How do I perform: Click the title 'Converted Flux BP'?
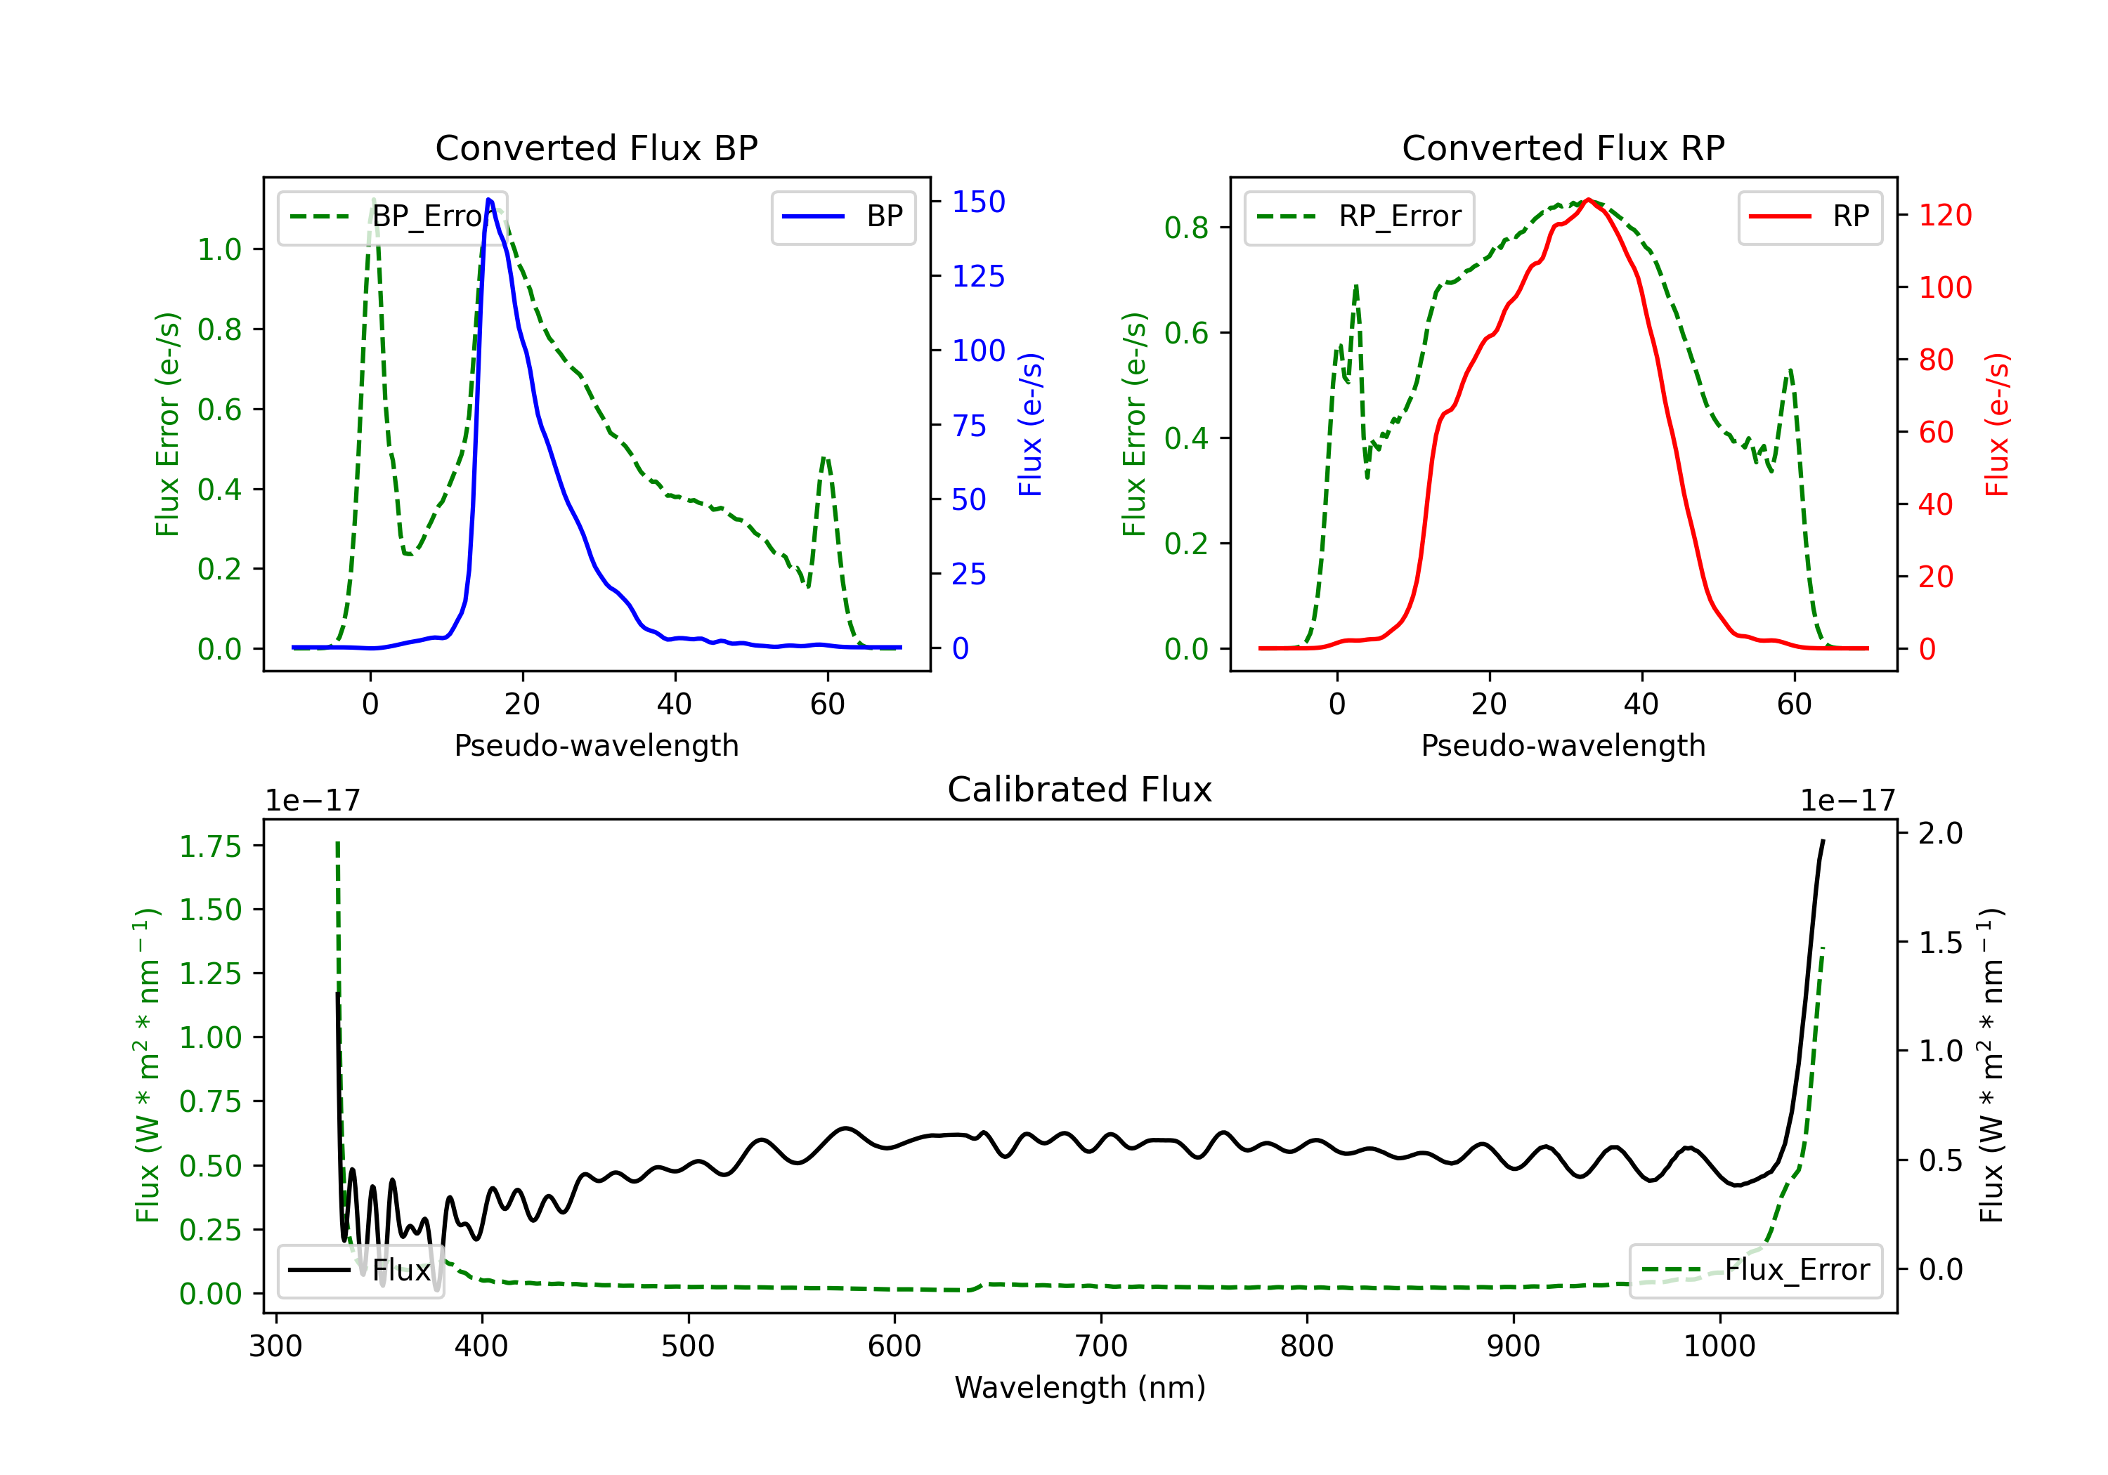tap(596, 147)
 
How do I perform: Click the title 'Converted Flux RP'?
tap(1563, 147)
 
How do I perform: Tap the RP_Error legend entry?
tap(1359, 216)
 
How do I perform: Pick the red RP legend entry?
tap(1809, 216)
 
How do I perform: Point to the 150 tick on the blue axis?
tap(978, 202)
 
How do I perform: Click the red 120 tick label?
tap(1944, 216)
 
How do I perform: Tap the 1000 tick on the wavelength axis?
tap(1719, 1346)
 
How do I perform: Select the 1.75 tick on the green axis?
tap(210, 846)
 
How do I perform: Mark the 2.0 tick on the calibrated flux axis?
tap(1940, 834)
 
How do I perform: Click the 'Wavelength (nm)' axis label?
tap(1080, 1387)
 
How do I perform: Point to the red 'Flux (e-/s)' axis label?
tap(1997, 424)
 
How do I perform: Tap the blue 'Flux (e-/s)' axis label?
tap(1030, 424)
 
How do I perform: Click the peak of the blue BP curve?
tap(489, 199)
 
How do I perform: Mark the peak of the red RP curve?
tap(1588, 199)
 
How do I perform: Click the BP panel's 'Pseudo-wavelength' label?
tap(596, 745)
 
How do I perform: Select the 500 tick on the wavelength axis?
tap(688, 1346)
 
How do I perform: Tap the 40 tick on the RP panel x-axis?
tap(1641, 704)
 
